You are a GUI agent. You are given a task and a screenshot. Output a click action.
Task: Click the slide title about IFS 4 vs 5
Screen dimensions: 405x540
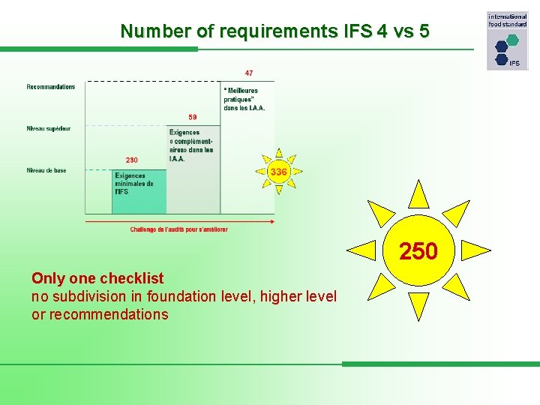click(274, 31)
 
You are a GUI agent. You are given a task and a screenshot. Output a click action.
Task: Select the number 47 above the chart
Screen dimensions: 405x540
click(248, 73)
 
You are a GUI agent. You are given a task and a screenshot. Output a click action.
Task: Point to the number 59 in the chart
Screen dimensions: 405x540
click(193, 117)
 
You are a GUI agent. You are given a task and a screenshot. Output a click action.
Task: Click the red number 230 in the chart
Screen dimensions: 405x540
click(131, 160)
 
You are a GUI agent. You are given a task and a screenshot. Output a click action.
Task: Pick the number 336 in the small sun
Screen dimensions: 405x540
click(278, 172)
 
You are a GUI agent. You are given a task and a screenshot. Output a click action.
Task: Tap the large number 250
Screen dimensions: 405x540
click(418, 252)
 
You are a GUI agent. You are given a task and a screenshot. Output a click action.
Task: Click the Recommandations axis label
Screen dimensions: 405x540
click(51, 87)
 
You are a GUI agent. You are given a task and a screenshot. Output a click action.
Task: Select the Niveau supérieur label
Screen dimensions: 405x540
click(49, 128)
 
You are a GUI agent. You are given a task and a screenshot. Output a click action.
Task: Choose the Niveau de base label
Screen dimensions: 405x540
click(46, 170)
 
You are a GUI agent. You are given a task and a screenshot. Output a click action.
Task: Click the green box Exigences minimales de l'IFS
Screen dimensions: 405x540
click(139, 191)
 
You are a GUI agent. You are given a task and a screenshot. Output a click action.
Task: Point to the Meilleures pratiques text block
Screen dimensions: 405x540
click(244, 99)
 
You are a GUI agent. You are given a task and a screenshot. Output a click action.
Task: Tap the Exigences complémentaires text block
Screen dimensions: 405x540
click(192, 145)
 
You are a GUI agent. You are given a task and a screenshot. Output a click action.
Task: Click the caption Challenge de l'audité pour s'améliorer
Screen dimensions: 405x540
click(178, 229)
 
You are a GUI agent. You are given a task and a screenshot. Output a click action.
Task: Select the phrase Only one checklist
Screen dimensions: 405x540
click(97, 279)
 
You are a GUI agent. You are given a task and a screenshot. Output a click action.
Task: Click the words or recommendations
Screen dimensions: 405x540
click(100, 315)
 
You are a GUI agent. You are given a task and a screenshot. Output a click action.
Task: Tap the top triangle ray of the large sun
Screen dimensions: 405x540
click(418, 194)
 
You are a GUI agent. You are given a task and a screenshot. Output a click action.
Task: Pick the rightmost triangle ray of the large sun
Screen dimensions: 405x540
click(478, 250)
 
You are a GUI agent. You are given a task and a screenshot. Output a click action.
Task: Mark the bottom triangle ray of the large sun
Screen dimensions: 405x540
click(418, 307)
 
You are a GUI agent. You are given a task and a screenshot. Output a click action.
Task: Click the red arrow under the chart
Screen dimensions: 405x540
click(180, 220)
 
